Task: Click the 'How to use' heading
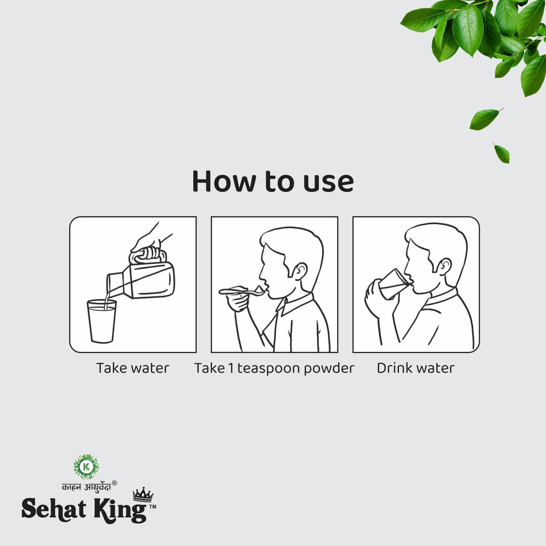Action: pyautogui.click(x=273, y=181)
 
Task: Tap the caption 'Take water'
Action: pyautogui.click(x=132, y=368)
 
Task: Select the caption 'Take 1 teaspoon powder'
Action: pyautogui.click(x=274, y=368)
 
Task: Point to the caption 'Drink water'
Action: pyautogui.click(x=415, y=368)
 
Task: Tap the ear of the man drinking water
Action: pyautogui.click(x=444, y=267)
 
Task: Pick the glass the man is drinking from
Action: pyautogui.click(x=393, y=284)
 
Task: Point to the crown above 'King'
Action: pyautogui.click(x=143, y=494)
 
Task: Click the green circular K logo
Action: pyautogui.click(x=86, y=466)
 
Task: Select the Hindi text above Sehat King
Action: pyautogui.click(x=86, y=487)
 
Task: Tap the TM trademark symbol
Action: pyautogui.click(x=153, y=506)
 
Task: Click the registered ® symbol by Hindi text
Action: pyautogui.click(x=114, y=483)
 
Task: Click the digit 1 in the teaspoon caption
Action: pyautogui.click(x=231, y=368)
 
